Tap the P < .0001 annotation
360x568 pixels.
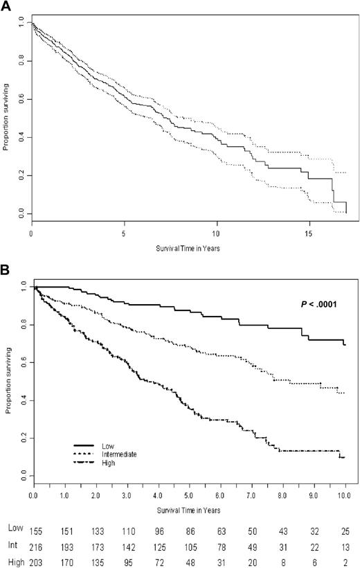[318, 303]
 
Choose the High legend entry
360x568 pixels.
[107, 462]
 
